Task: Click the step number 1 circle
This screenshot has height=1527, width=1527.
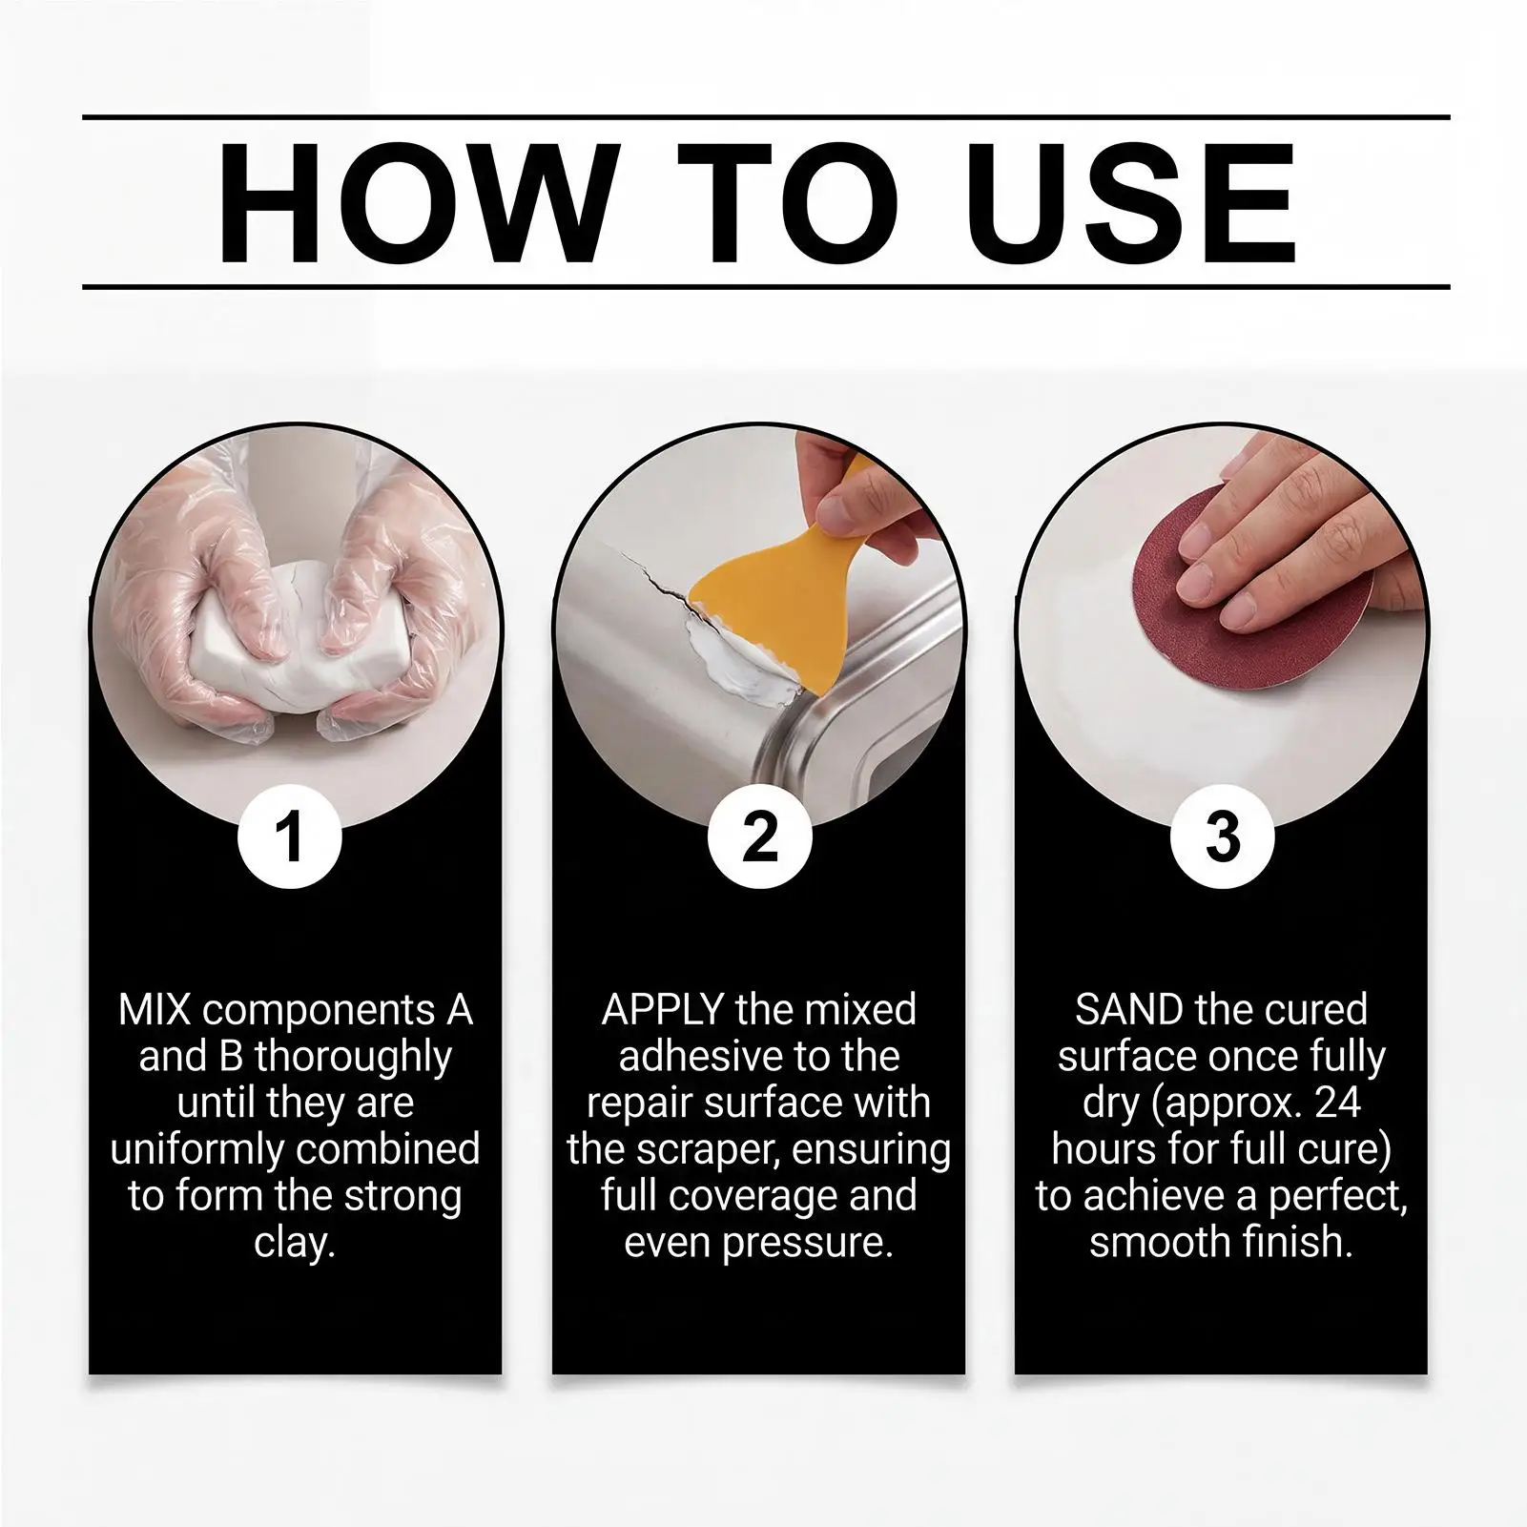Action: tap(290, 836)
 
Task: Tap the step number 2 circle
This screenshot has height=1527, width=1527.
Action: tap(759, 836)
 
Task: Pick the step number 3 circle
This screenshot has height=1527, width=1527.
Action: tap(1222, 836)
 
